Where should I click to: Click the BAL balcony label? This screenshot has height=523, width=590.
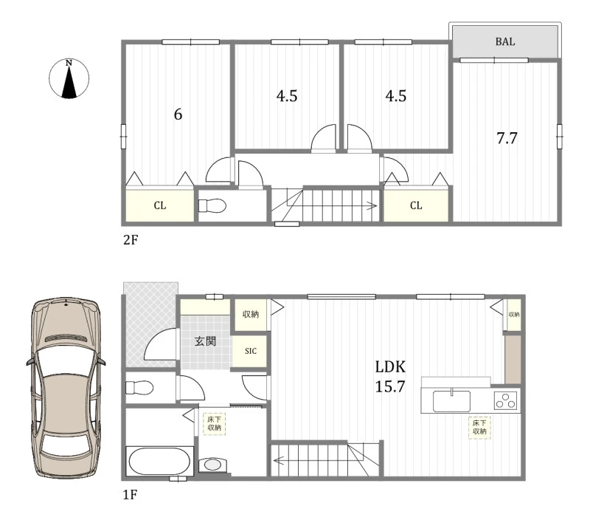point(505,41)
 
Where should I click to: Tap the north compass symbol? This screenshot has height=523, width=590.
point(69,79)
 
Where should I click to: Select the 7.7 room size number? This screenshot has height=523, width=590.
point(507,138)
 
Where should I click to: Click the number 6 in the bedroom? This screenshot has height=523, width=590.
point(178,114)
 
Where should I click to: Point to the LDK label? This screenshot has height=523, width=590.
point(390,366)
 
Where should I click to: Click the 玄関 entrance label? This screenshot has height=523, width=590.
point(205,341)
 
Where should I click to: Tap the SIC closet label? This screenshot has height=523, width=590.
point(251,351)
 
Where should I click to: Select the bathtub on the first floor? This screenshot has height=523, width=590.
point(159,461)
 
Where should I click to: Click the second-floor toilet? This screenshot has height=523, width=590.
point(212,206)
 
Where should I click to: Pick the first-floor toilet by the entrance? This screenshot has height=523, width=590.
point(139,387)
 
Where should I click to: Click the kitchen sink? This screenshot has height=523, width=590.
point(451,401)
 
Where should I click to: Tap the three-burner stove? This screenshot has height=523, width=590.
point(505,400)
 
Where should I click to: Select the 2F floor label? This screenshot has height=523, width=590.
point(131,239)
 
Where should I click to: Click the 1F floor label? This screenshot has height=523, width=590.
point(131,494)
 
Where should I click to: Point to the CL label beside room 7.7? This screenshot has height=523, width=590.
point(416,205)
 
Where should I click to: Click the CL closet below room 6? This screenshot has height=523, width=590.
point(160,205)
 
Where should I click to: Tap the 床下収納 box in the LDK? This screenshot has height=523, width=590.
point(479,427)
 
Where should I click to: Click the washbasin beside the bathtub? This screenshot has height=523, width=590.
point(212,465)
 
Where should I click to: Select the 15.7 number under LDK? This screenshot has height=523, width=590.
point(390,386)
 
